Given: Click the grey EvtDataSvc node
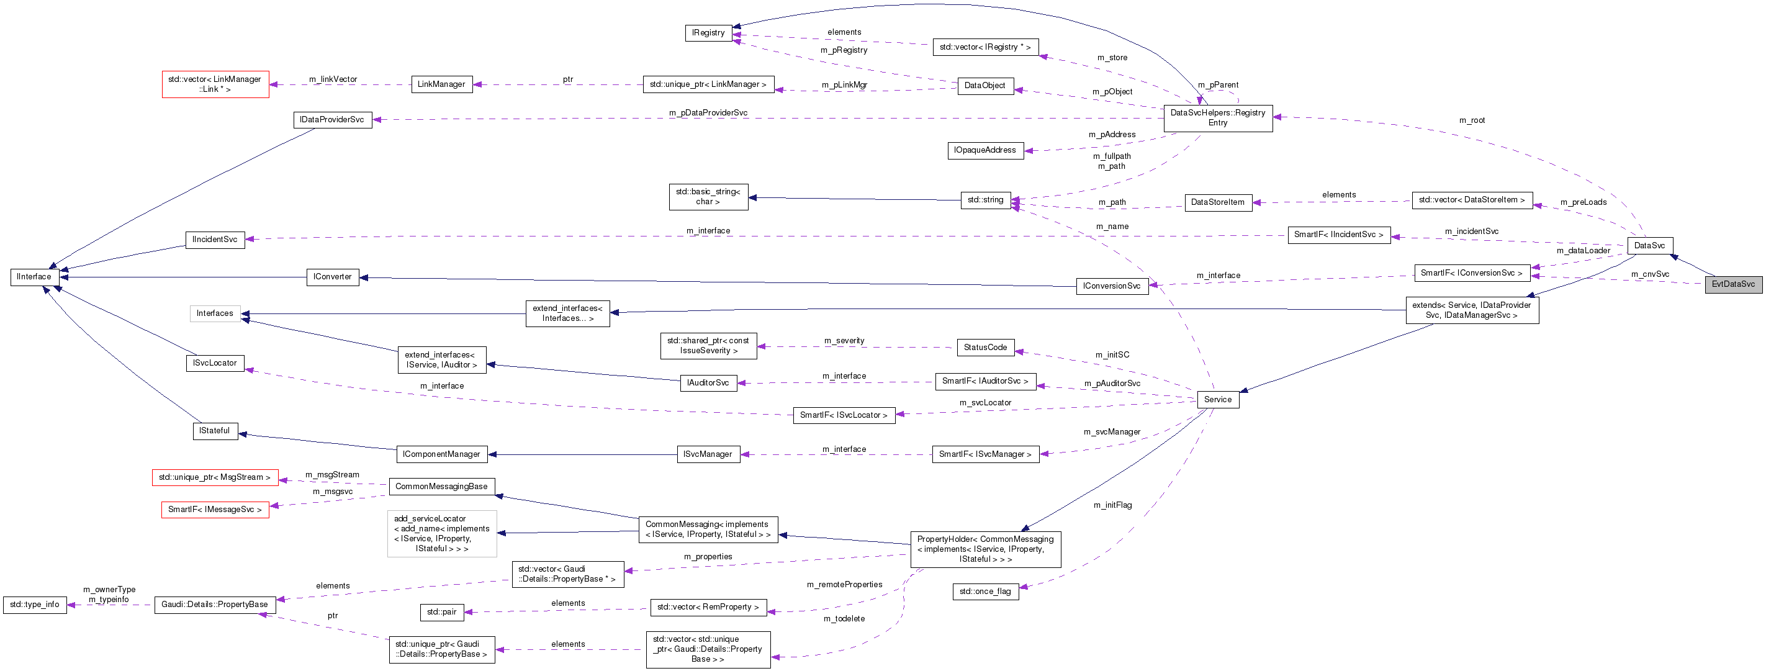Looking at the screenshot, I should click(1732, 284).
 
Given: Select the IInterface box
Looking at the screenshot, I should click(34, 277).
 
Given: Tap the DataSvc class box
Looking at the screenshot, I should click(1649, 245).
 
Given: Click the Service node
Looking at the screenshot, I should click(1217, 400).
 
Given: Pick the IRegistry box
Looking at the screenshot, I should click(708, 33).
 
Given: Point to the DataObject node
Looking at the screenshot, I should click(984, 86).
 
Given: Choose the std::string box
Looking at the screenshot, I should click(985, 200).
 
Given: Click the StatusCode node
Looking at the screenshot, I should click(985, 348).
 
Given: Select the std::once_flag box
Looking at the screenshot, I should click(984, 592).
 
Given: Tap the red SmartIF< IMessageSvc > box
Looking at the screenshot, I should click(215, 510).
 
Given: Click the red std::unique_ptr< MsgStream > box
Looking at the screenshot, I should click(215, 478).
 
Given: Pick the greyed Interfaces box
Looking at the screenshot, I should click(215, 313).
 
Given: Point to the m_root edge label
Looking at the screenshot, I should click(1472, 120).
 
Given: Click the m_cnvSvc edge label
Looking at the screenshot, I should click(1649, 274).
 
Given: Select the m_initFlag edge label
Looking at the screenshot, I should click(1112, 505).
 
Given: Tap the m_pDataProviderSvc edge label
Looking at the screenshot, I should click(708, 113).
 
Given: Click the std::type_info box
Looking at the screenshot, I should click(34, 605).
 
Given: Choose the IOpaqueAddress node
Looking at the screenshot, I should click(984, 150).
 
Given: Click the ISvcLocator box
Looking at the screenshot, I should click(215, 363).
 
